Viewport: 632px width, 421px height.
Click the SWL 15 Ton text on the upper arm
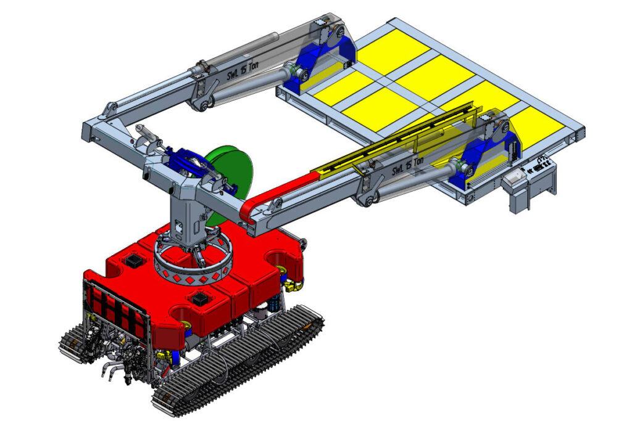coord(243,71)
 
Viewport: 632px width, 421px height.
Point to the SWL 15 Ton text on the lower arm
coord(408,165)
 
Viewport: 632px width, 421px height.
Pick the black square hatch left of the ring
coord(133,260)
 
